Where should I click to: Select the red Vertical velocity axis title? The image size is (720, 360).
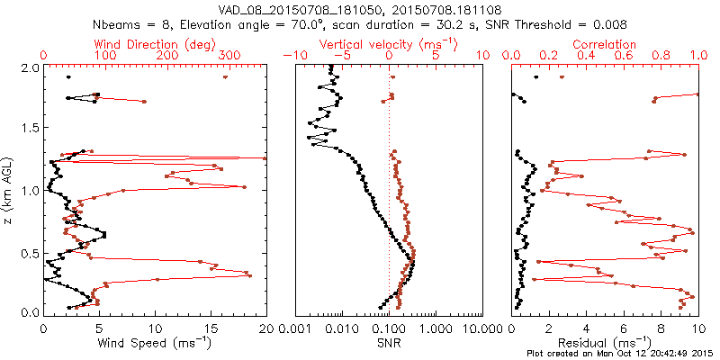pos(389,44)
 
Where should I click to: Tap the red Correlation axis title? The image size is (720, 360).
pos(605,44)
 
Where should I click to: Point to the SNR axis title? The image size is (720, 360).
pos(389,343)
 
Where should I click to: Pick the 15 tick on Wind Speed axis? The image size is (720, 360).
pos(211,328)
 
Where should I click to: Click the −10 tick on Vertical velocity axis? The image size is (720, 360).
pos(292,56)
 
